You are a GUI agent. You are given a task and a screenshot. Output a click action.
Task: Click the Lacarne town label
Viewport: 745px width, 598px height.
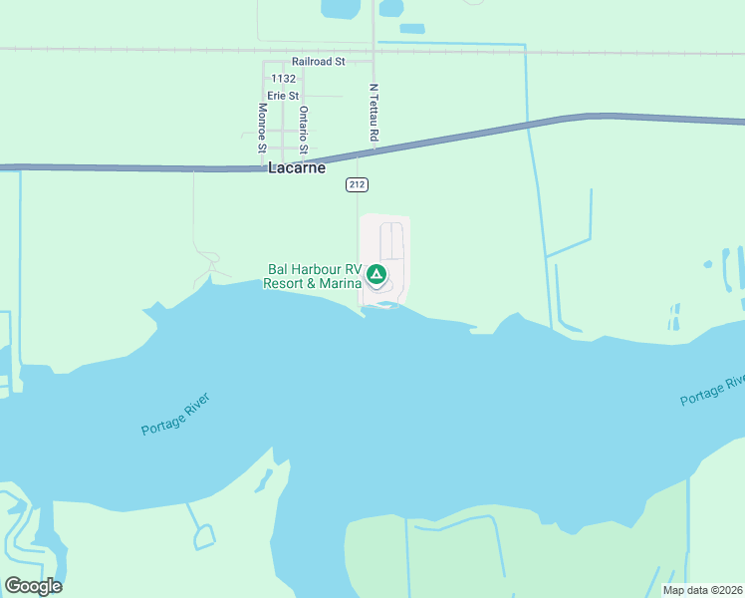coord(297,168)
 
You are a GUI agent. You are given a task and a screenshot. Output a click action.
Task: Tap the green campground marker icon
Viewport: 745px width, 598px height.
coord(376,274)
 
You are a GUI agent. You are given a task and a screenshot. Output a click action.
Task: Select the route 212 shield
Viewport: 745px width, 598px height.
coord(358,185)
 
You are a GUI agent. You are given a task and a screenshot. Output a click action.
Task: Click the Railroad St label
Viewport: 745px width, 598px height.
coord(318,62)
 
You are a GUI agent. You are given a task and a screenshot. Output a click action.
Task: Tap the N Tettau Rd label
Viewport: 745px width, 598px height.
coord(373,112)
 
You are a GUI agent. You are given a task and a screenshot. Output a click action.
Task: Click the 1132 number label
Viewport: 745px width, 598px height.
coord(283,79)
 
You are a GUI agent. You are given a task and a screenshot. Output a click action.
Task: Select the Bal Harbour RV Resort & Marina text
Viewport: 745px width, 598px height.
coord(313,276)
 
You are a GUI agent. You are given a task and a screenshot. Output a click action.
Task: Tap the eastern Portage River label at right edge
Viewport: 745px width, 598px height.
coord(713,390)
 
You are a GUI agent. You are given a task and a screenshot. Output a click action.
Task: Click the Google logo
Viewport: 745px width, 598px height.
coord(33,586)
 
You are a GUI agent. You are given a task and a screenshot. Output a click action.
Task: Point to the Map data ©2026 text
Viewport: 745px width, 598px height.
coord(702,590)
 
